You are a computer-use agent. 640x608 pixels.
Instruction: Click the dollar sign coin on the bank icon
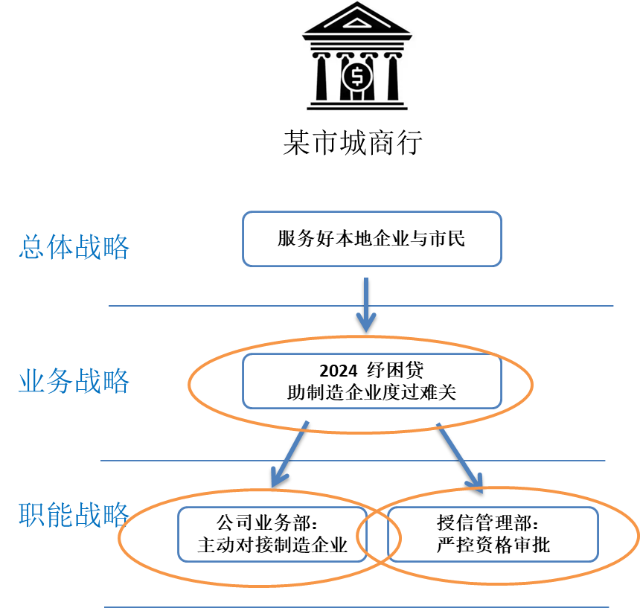(357, 76)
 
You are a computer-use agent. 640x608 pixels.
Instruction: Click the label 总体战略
(74, 247)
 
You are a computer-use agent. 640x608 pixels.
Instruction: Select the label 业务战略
(74, 381)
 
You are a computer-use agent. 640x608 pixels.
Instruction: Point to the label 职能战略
(74, 514)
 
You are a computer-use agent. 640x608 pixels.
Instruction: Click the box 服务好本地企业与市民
(371, 239)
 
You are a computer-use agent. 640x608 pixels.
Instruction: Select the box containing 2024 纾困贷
(371, 381)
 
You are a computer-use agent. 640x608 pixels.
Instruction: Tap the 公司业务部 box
(272, 534)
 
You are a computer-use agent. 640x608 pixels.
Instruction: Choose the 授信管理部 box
(493, 534)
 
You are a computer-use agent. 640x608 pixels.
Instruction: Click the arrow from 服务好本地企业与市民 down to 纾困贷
(365, 305)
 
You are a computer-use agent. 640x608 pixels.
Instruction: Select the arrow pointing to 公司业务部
(289, 452)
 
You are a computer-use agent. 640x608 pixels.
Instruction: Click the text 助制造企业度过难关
(371, 393)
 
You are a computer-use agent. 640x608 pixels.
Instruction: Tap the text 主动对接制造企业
(272, 545)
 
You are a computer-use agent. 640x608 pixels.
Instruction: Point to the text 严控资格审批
(493, 545)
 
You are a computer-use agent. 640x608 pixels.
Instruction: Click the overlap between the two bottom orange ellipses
(379, 534)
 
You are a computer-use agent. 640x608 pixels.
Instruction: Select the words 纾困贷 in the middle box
(395, 371)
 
